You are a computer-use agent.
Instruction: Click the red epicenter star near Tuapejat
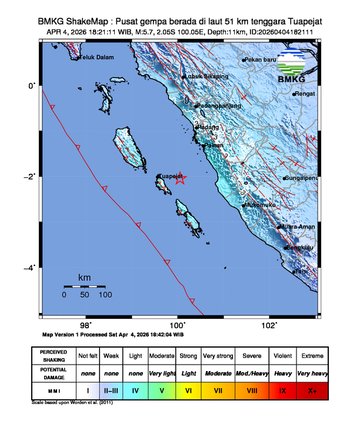coord(180,180)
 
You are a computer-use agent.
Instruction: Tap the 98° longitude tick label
coord(86,324)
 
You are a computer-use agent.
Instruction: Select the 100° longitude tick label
coord(178,324)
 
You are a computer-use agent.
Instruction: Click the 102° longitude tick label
coord(269,324)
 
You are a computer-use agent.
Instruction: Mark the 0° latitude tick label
coord(32,86)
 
